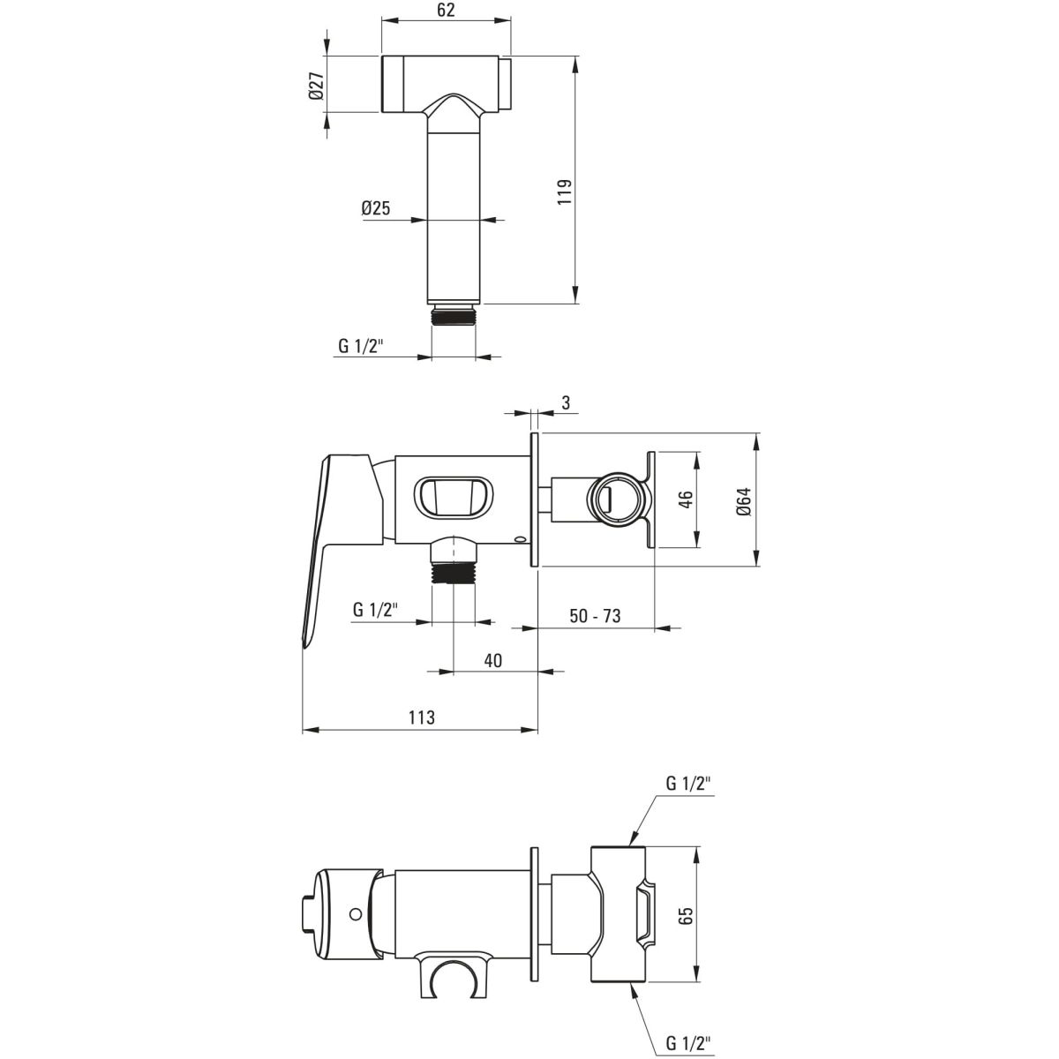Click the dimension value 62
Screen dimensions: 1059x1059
(x=447, y=11)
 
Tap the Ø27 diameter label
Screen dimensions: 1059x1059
(x=317, y=86)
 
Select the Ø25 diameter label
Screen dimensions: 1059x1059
(x=376, y=207)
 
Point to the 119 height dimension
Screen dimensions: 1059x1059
(x=565, y=192)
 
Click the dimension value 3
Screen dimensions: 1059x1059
(x=567, y=402)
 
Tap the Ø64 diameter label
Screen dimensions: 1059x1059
(x=745, y=501)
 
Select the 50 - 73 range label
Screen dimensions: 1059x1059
(x=595, y=615)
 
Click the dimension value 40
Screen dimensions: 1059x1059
(x=493, y=660)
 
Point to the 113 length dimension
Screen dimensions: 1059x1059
(x=422, y=717)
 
